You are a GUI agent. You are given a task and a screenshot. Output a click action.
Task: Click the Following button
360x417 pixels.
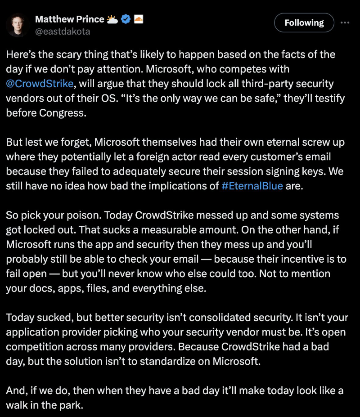pyautogui.click(x=304, y=22)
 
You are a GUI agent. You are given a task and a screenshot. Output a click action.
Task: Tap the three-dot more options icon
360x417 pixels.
pyautogui.click(x=345, y=22)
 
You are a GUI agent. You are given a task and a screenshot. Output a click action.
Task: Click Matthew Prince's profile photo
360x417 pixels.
pyautogui.click(x=18, y=25)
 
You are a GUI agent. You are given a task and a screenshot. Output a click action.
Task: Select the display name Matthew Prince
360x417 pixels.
pyautogui.click(x=69, y=19)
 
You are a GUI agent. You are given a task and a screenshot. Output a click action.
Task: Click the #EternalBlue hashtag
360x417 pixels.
pyautogui.click(x=252, y=186)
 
